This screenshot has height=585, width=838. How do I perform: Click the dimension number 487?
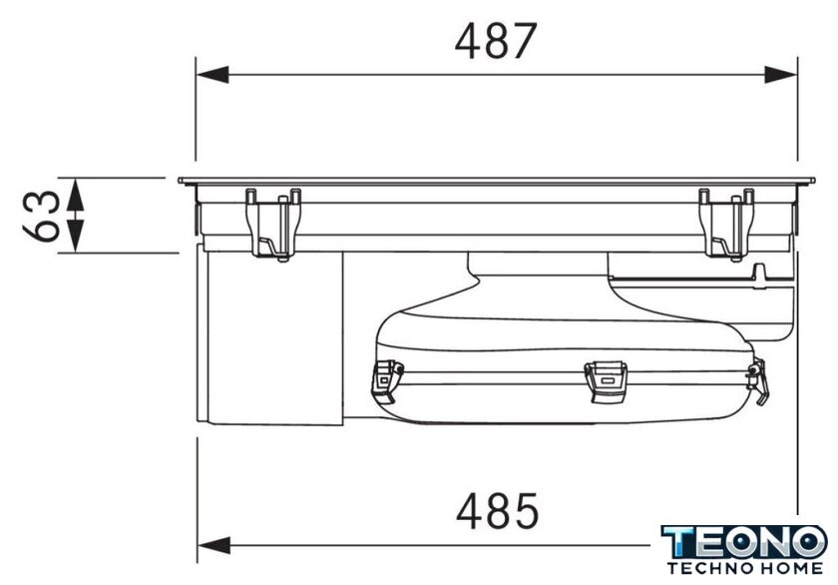tap(496, 41)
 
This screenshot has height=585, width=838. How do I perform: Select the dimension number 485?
tap(498, 511)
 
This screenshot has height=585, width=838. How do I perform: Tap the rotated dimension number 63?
tap(42, 216)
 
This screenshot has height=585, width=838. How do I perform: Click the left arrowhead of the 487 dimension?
tap(212, 75)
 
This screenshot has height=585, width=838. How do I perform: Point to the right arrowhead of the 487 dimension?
tap(781, 75)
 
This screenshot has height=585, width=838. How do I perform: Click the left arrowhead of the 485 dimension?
tap(214, 545)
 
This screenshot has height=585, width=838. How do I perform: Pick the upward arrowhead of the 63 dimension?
tap(76, 194)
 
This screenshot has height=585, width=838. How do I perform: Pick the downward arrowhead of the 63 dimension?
tap(76, 236)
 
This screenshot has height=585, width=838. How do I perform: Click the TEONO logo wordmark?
tap(744, 542)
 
